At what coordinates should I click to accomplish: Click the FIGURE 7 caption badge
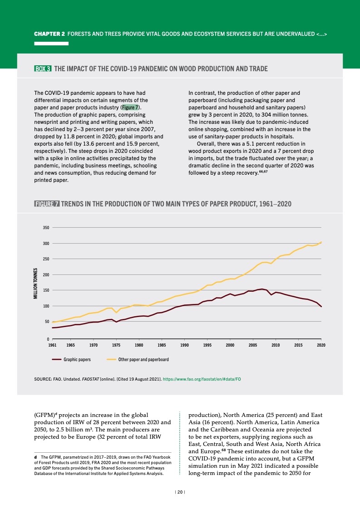(x=47, y=204)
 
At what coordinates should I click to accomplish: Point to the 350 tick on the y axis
(x=46, y=227)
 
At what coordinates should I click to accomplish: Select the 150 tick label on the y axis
(x=46, y=290)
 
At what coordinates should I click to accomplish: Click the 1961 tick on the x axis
(x=52, y=345)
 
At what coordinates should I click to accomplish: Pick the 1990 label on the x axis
(x=184, y=345)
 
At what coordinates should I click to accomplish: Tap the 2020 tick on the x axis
(x=321, y=345)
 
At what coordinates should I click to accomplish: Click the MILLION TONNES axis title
(x=35, y=284)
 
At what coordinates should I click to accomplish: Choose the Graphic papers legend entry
(x=77, y=359)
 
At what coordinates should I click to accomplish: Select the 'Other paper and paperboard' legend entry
(x=143, y=359)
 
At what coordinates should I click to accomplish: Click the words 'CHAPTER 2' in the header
(x=51, y=34)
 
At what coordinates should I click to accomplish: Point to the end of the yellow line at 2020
(x=321, y=242)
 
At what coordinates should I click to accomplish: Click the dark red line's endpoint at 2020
(x=321, y=307)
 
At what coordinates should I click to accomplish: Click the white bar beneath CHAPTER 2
(x=51, y=44)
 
